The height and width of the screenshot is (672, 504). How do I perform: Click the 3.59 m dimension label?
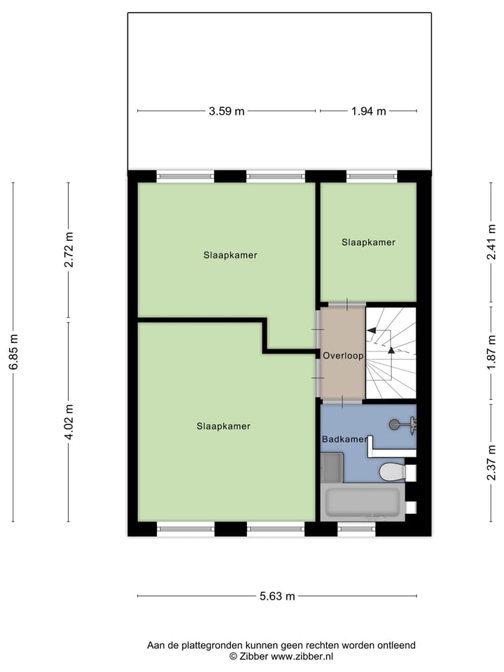[226, 111]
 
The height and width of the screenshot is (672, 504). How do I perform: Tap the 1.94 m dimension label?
[368, 111]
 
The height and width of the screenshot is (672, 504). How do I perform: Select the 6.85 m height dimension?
[13, 352]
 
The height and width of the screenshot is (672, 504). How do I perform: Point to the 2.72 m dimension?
[69, 250]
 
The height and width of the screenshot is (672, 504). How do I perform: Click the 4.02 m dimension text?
[69, 422]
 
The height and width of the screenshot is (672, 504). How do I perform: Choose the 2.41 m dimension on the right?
[491, 242]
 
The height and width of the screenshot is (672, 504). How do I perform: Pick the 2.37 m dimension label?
[491, 463]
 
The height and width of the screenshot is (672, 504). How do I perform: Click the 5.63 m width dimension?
[277, 596]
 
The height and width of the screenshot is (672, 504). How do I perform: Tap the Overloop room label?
[343, 356]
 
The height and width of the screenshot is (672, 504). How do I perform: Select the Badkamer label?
[344, 440]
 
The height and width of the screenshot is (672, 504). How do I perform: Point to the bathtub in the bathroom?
[363, 503]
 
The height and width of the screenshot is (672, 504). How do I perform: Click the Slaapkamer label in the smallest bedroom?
[368, 242]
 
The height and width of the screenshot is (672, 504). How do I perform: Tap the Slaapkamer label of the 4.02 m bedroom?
[223, 426]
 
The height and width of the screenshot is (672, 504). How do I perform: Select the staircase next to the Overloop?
[391, 353]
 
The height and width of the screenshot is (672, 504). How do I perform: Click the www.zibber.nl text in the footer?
[302, 657]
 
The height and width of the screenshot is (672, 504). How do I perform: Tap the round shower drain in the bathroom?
[395, 423]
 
